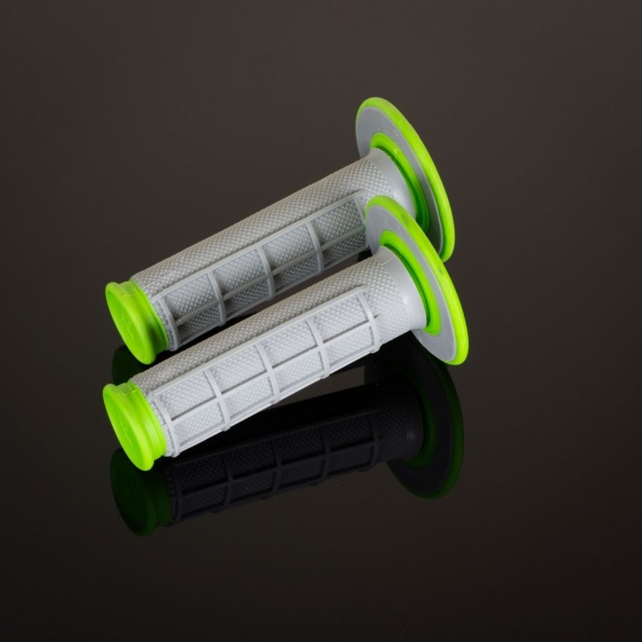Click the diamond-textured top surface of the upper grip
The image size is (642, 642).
[x=257, y=221]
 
